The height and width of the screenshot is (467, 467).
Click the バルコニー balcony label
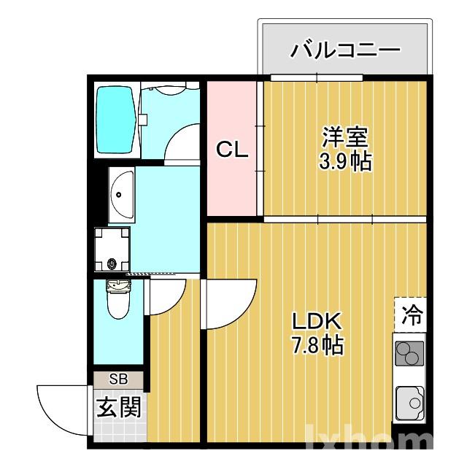point(345,50)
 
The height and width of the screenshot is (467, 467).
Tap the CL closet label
point(232,150)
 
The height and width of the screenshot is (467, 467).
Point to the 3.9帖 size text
point(344,161)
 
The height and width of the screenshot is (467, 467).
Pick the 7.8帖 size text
point(317,344)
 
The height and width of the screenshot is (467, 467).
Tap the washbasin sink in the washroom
point(122,193)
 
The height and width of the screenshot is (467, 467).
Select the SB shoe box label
point(118,379)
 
